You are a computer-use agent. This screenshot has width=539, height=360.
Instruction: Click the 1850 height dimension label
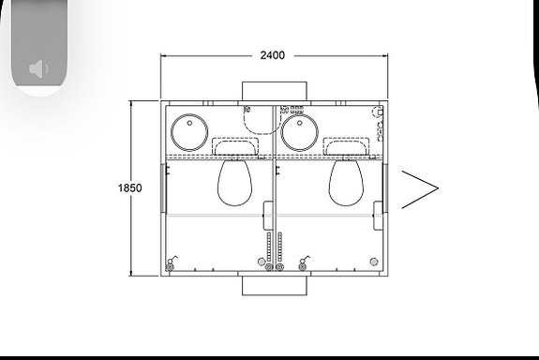(130, 187)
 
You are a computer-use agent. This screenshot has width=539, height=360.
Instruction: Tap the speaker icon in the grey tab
(38, 68)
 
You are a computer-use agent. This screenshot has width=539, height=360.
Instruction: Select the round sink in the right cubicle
(299, 132)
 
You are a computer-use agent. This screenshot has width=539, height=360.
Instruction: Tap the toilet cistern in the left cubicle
(234, 146)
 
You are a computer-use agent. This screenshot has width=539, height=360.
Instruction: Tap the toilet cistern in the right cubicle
(346, 146)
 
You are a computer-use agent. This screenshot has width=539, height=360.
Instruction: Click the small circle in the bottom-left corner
(170, 266)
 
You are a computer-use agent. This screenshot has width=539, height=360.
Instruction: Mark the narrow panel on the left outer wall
(163, 192)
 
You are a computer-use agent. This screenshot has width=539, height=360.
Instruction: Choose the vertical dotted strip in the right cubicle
(279, 247)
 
